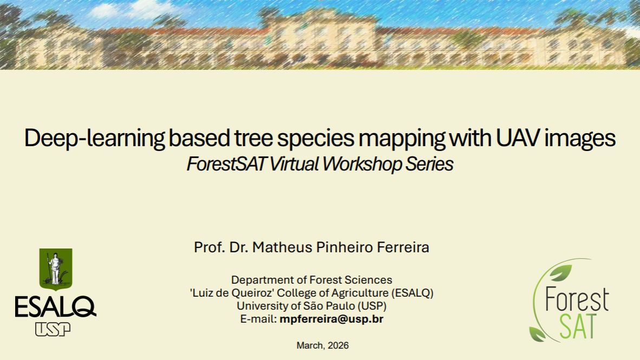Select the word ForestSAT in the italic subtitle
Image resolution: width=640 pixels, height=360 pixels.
[x=225, y=164]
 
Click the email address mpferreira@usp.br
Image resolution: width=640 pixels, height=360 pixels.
[x=331, y=319]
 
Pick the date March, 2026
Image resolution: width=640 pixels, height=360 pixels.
[x=323, y=345]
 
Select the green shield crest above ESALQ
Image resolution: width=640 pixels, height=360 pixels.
[x=55, y=268]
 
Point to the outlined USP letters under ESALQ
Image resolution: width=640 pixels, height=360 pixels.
[x=53, y=329]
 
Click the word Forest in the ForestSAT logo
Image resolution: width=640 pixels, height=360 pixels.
[x=576, y=299]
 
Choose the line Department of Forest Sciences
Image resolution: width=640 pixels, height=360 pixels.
[x=311, y=280]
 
